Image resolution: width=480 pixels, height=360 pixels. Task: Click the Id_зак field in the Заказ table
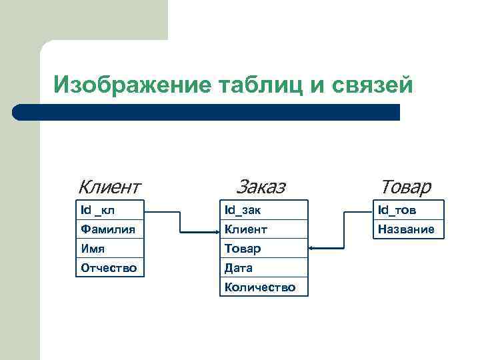click(264, 210)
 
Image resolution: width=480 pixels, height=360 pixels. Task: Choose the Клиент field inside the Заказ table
click(264, 229)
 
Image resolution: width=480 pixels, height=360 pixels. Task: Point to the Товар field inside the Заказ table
click(264, 249)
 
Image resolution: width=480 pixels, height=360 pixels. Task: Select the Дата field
click(264, 268)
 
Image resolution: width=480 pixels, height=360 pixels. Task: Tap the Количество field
click(264, 287)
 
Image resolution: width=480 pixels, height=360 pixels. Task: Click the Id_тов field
click(407, 210)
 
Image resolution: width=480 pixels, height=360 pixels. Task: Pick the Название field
click(407, 229)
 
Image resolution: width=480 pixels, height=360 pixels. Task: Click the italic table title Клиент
click(109, 186)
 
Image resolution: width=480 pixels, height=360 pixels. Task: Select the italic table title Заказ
click(261, 186)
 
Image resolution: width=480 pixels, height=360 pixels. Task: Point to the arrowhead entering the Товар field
click(313, 249)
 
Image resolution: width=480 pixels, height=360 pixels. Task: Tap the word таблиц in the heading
click(260, 85)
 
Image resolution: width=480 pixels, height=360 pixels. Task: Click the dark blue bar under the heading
click(207, 112)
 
